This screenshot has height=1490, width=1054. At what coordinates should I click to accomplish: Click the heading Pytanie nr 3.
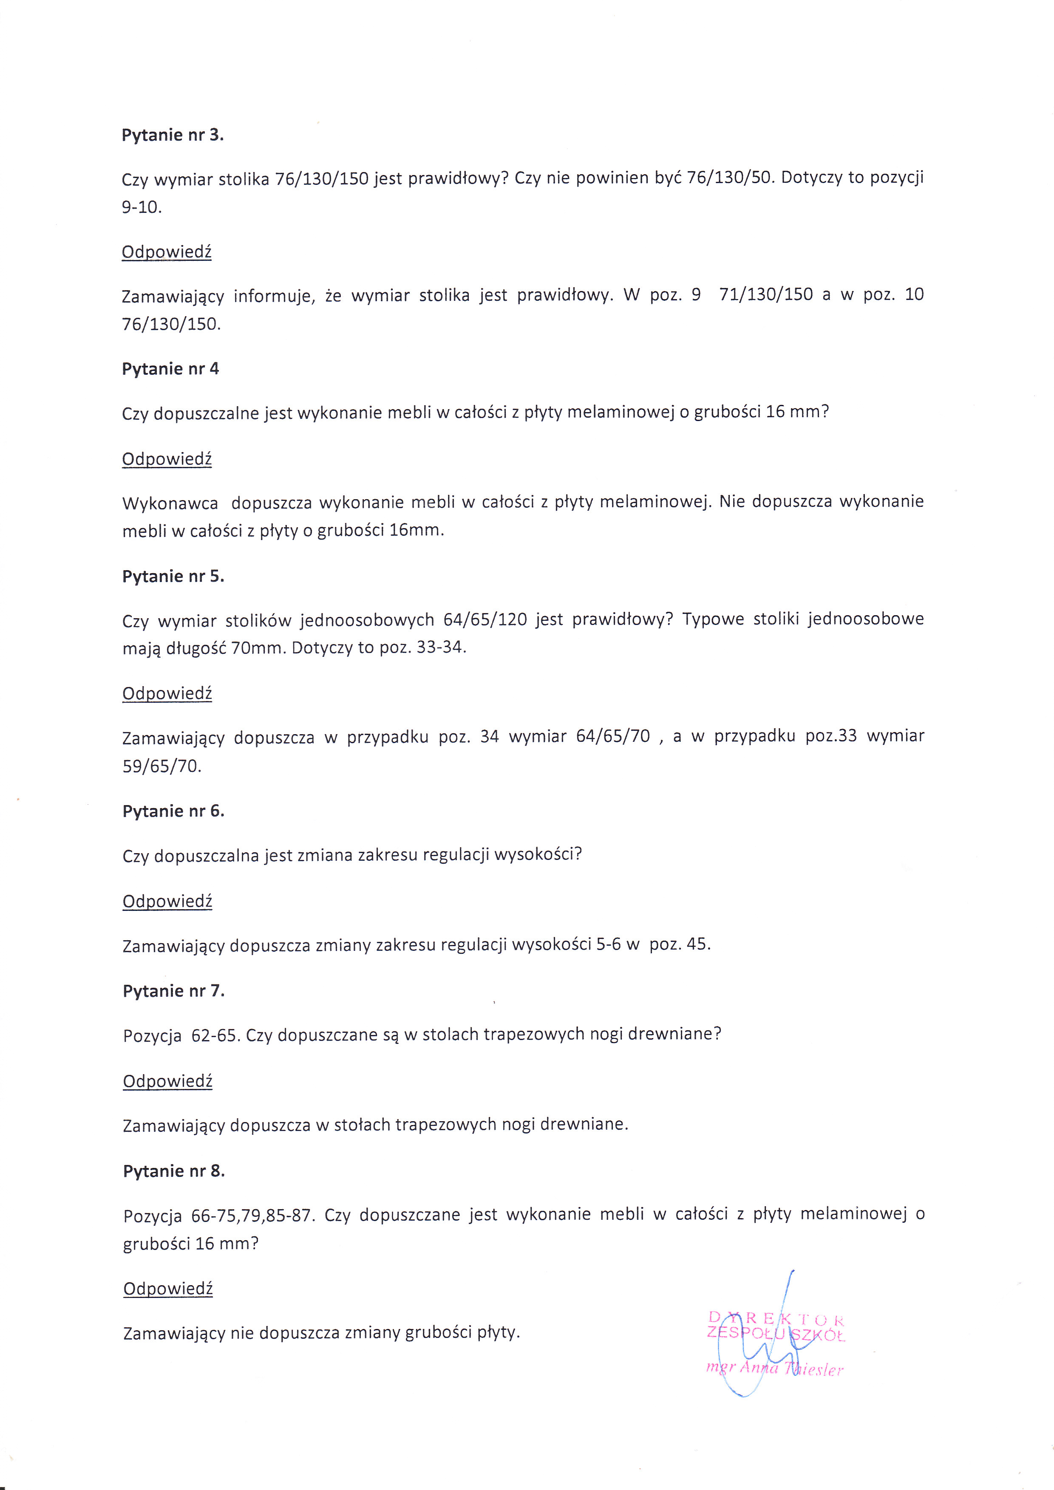(173, 135)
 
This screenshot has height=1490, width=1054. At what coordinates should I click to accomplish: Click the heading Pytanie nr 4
(170, 369)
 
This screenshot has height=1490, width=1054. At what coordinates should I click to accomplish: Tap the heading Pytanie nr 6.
(173, 811)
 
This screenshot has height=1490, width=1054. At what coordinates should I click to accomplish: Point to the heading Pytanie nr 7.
(173, 991)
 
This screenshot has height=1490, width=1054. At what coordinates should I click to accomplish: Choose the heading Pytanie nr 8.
(174, 1171)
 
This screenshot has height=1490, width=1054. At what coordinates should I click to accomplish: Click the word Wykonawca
(170, 503)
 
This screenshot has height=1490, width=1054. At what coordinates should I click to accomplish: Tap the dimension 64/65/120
(485, 620)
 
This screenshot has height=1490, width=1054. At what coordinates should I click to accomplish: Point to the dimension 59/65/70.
(161, 766)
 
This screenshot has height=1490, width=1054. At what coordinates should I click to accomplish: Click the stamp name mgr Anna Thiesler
(774, 1369)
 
